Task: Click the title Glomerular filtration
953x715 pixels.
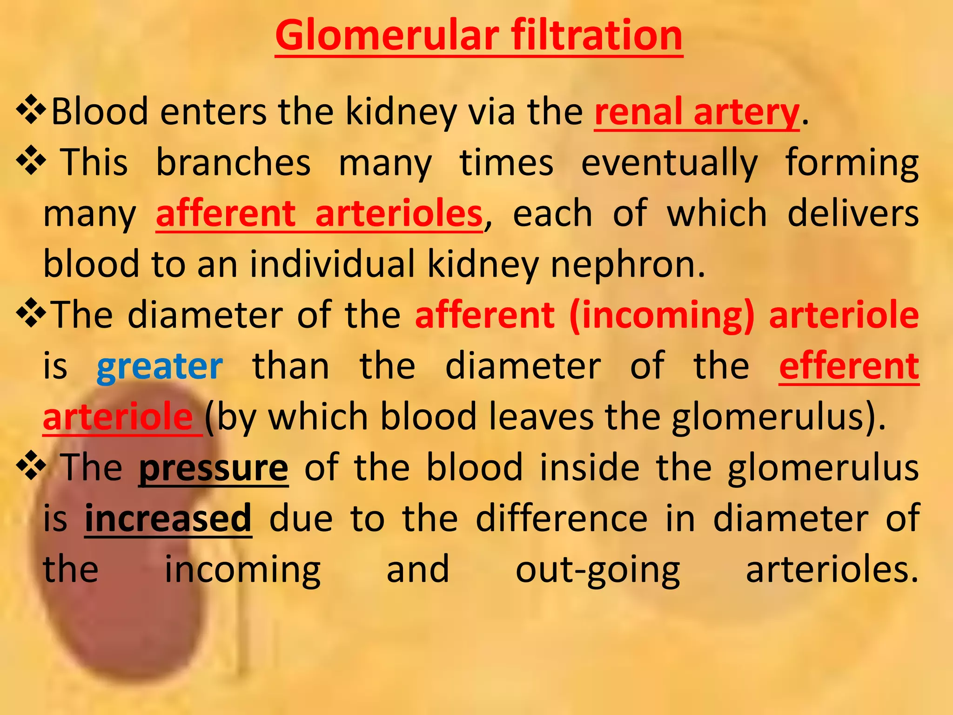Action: [478, 36]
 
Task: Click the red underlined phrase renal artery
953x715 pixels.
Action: [697, 113]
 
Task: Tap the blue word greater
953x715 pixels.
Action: [160, 367]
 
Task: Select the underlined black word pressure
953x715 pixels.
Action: [214, 468]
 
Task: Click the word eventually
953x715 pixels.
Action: [669, 163]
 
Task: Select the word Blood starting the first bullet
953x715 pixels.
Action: [99, 113]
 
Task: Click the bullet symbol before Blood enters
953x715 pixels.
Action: [31, 110]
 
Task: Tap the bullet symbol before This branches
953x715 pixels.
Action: [31, 161]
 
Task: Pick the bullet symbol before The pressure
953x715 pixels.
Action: [31, 466]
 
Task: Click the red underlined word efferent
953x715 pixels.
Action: [849, 367]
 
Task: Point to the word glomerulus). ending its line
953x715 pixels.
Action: [779, 418]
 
